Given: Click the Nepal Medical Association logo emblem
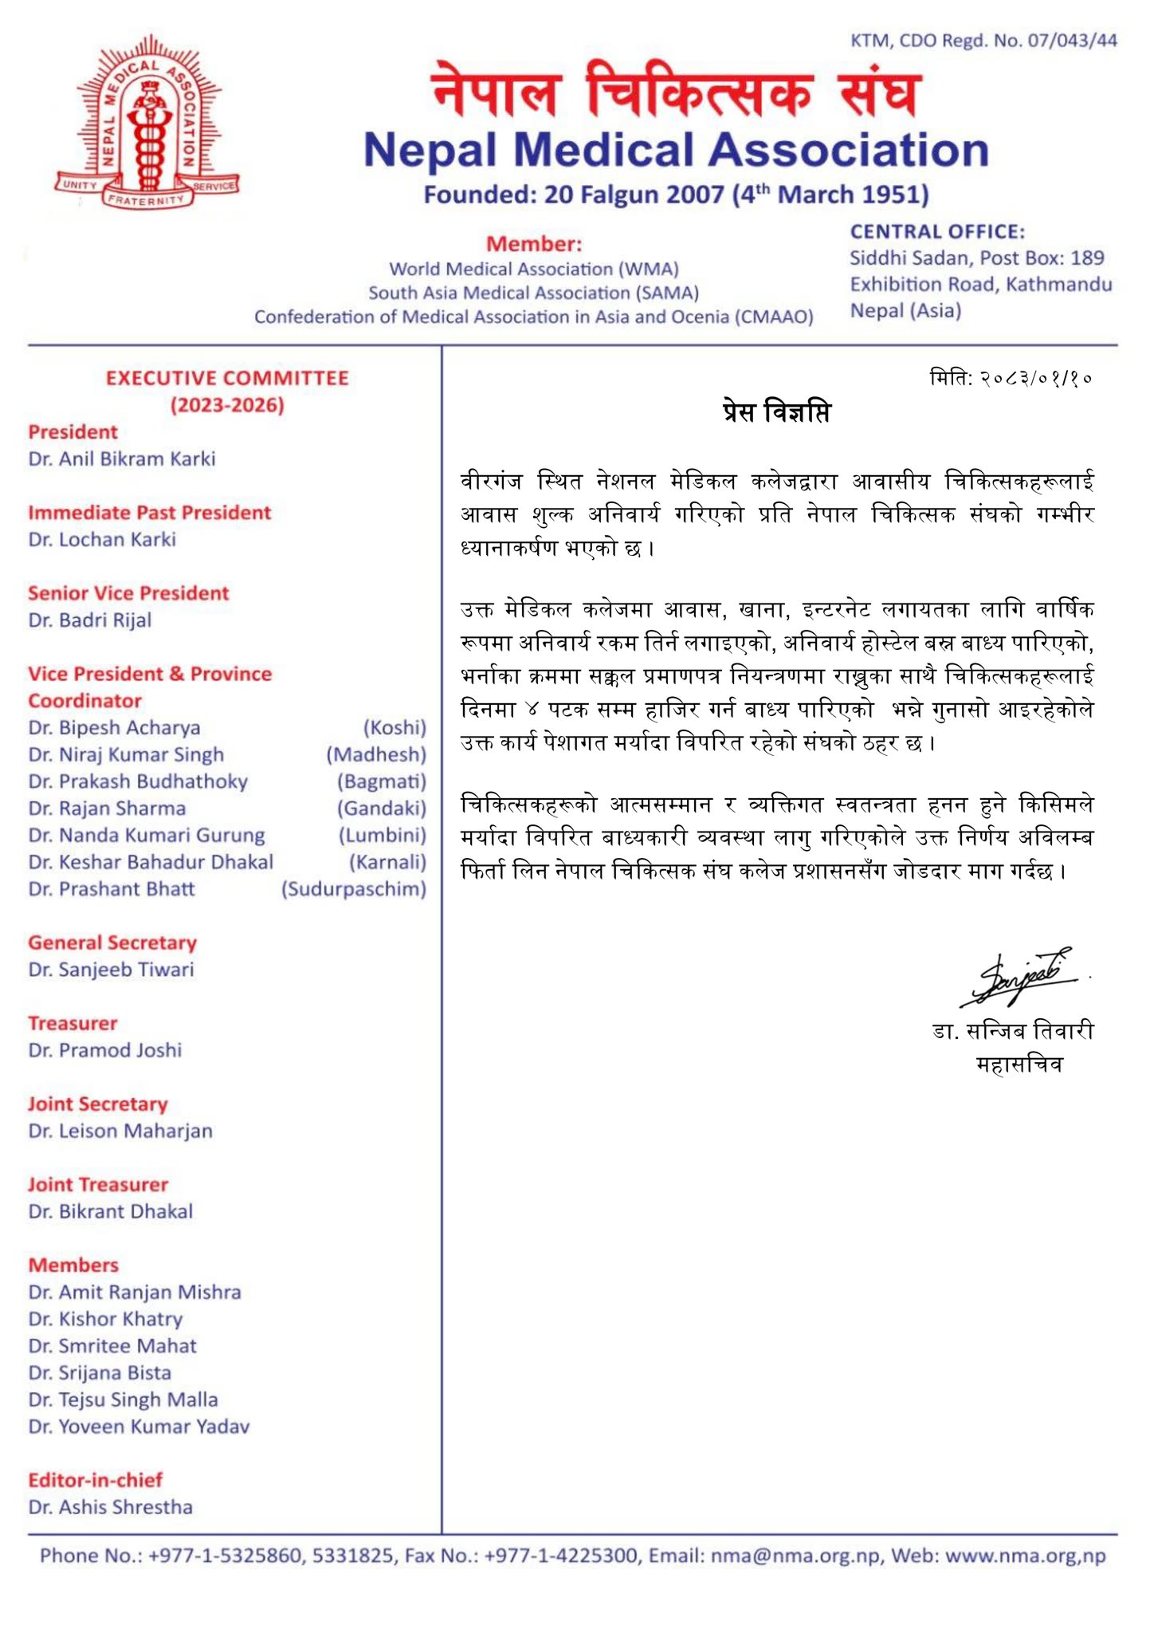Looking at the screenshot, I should [x=147, y=128].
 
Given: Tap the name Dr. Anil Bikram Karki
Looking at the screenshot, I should [x=122, y=459].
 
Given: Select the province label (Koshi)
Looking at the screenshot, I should [x=394, y=728].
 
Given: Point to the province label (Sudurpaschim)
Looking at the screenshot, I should [x=353, y=889].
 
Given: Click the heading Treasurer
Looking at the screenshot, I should [x=73, y=1023].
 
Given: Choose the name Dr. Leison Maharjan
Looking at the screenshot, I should [x=120, y=1131].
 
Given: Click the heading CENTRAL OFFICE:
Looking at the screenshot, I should [x=937, y=232].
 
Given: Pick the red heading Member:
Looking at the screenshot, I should [x=534, y=244].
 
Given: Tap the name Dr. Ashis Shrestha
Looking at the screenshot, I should [x=111, y=1507].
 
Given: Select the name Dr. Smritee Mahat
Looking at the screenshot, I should [x=112, y=1346].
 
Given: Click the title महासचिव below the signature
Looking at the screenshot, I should [x=1019, y=1064].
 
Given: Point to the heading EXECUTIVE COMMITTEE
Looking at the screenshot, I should [x=227, y=378].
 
